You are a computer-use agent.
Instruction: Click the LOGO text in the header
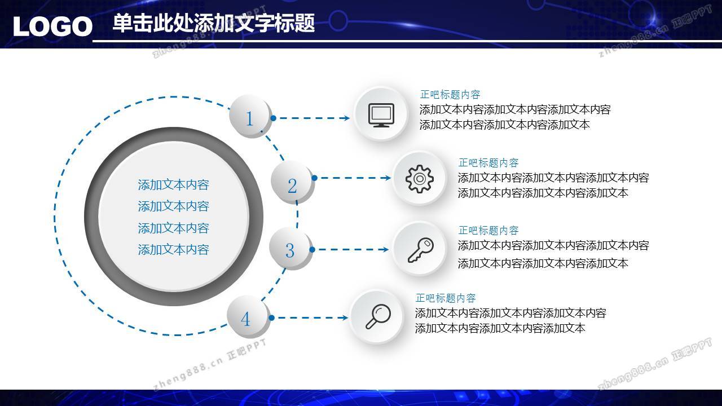53,27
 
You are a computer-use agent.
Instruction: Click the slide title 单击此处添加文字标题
214,23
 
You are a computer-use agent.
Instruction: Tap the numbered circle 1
249,116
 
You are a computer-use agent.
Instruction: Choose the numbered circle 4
248,316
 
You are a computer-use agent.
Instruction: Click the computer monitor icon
381,115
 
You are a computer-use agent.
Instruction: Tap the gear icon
419,179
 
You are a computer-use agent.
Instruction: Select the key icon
421,250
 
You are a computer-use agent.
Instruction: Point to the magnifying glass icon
378,316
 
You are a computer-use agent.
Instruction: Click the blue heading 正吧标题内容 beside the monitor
450,94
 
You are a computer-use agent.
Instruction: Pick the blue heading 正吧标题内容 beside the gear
488,163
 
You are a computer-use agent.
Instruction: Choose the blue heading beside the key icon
488,231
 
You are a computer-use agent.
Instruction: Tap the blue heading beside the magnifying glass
446,298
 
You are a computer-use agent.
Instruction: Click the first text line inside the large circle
173,185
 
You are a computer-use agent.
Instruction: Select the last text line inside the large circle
173,250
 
